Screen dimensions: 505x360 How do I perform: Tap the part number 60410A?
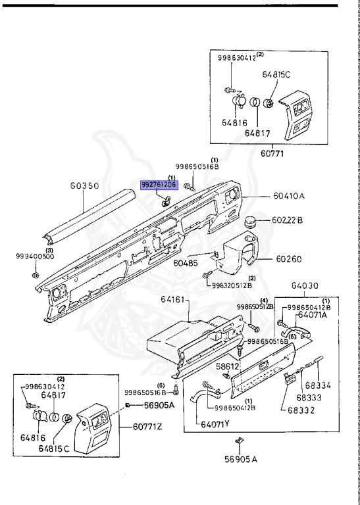[290, 196]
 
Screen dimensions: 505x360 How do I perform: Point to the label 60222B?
[287, 220]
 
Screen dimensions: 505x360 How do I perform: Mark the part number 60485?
[185, 263]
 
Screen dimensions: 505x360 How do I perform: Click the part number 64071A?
[313, 315]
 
